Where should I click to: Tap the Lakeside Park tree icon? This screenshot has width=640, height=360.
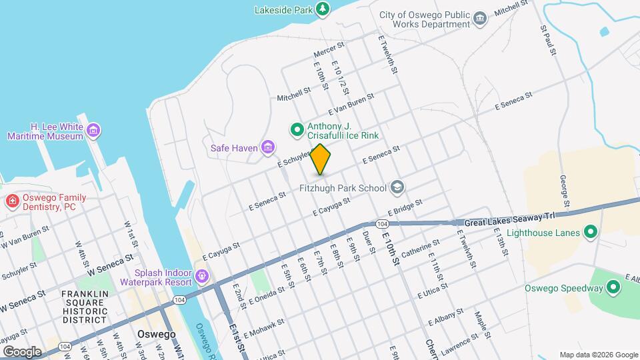pyautogui.click(x=323, y=9)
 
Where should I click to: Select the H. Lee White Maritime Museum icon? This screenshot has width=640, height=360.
pyautogui.click(x=93, y=130)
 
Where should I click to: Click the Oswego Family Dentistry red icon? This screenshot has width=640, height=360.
pyautogui.click(x=12, y=201)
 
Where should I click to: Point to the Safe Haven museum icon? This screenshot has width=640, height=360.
pyautogui.click(x=268, y=147)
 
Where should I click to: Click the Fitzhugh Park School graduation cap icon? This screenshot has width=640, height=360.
pyautogui.click(x=397, y=187)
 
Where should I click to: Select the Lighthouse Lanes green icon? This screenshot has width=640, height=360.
pyautogui.click(x=589, y=233)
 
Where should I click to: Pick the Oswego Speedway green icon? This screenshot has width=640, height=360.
pyautogui.click(x=614, y=288)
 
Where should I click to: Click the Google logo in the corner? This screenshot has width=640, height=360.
pyautogui.click(x=22, y=351)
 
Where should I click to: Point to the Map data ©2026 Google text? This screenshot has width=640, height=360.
pyautogui.click(x=597, y=355)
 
